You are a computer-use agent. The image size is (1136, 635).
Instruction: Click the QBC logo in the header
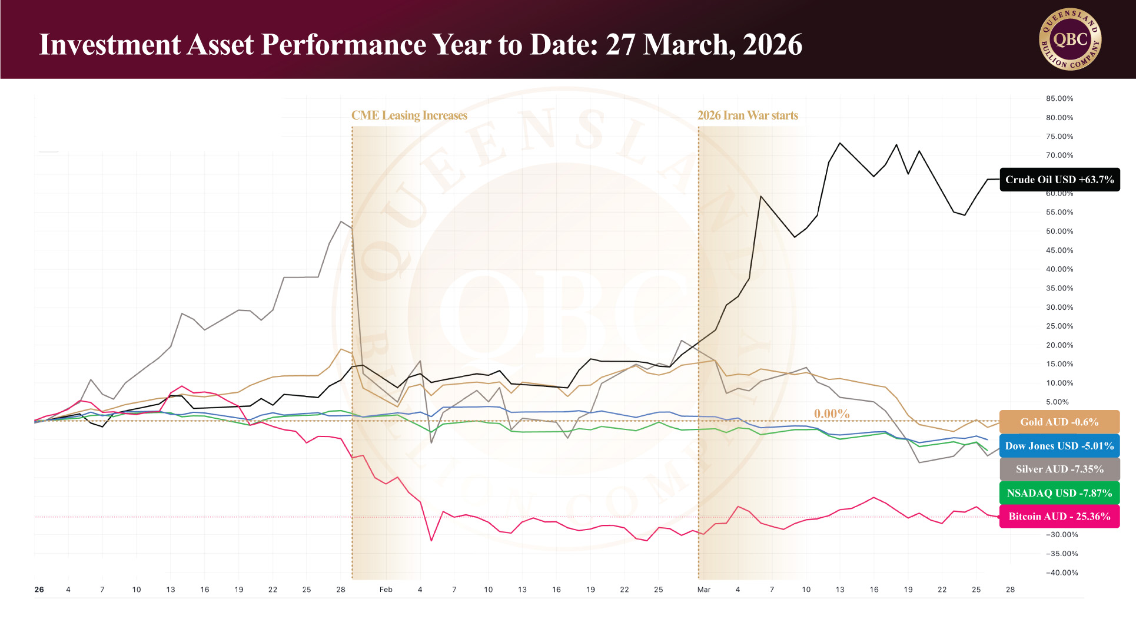point(1070,39)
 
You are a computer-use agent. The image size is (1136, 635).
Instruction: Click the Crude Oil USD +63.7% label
point(1059,180)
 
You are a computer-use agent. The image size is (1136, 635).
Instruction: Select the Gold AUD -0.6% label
point(1059,422)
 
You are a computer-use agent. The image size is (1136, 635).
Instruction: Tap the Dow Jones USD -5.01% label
point(1059,446)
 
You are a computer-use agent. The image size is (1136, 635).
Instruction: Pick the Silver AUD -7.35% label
point(1059,469)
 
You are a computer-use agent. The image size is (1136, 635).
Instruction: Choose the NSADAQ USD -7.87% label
point(1059,493)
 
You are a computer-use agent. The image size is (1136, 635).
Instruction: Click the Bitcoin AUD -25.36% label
point(1059,517)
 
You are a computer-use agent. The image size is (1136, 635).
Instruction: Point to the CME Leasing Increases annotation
point(409,115)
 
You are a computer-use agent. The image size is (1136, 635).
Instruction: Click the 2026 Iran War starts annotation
point(748,115)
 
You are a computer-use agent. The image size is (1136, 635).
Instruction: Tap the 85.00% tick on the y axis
point(1059,98)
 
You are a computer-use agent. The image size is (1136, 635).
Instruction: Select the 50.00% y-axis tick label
point(1059,231)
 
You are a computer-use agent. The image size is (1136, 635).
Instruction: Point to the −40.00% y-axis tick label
point(1062,573)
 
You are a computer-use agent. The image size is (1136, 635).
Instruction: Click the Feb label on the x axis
point(386,590)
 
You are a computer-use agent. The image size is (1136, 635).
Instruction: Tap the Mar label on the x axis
point(704,590)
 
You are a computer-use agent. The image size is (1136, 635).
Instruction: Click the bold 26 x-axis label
point(39,590)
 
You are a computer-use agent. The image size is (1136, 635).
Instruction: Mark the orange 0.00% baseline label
point(832,414)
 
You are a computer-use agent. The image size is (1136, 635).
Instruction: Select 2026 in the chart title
point(772,45)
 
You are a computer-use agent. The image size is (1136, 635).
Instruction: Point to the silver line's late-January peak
point(341,221)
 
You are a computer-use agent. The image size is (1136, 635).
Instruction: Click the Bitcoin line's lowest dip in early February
point(431,540)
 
